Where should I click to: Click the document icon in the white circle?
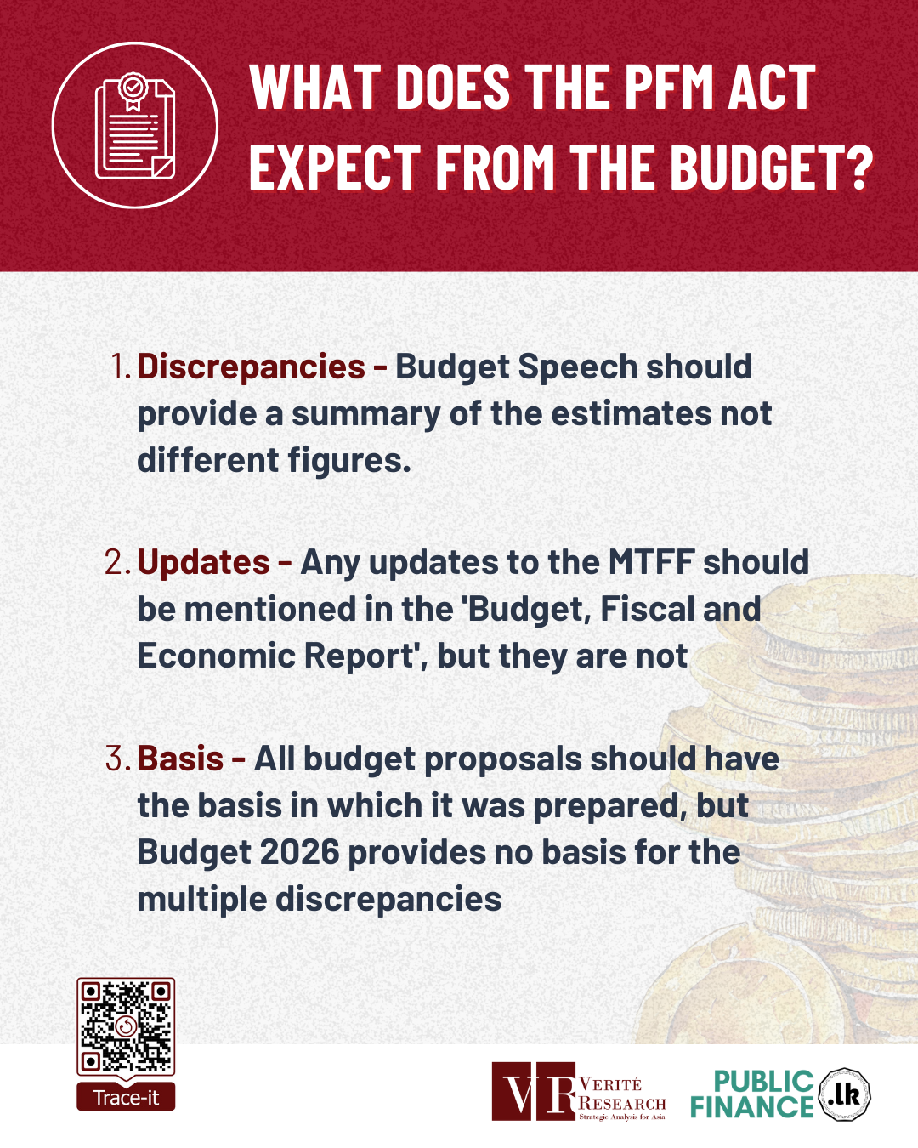tap(134, 126)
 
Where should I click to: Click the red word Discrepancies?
tap(252, 367)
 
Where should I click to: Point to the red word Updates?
tap(203, 562)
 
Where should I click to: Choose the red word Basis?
tap(180, 758)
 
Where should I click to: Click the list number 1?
tap(121, 367)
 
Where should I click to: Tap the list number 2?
tap(118, 562)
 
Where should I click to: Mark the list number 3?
tap(118, 758)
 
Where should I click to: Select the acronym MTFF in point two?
tap(651, 562)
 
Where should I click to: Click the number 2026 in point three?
tap(300, 852)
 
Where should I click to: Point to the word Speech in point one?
tap(578, 368)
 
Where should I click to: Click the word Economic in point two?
tap(216, 656)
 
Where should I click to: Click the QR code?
tap(126, 1026)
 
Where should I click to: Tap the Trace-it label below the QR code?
tap(126, 1097)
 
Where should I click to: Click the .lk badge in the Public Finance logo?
tap(844, 1094)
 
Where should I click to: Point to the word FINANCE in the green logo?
tap(752, 1107)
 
